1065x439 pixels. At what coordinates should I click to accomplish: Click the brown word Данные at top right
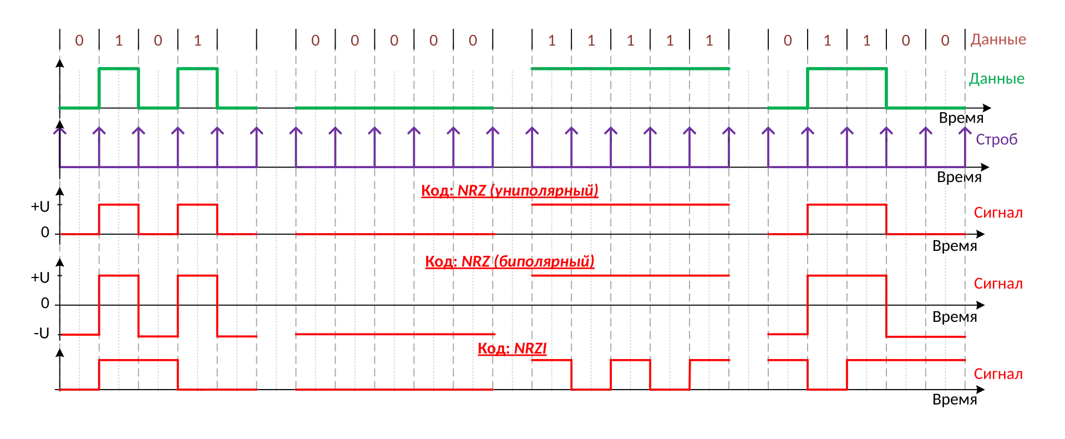[998, 41]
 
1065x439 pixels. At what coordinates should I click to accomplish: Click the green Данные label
[997, 79]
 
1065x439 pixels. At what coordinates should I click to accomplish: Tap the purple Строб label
[997, 140]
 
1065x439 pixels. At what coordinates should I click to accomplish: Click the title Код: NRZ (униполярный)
[509, 191]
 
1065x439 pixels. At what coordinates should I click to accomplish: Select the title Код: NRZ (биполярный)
[509, 261]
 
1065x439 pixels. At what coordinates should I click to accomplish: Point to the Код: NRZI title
[512, 349]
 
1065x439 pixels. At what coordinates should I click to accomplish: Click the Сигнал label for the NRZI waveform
[998, 374]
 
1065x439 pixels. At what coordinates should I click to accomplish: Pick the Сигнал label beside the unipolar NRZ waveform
[998, 213]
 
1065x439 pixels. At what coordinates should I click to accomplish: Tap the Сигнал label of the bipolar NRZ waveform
[998, 284]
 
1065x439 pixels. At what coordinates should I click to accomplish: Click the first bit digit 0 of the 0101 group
[79, 41]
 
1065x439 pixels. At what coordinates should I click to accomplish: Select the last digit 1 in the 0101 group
[197, 41]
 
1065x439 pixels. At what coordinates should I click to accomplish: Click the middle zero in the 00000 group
[394, 41]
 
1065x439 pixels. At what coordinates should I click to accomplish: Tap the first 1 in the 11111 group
[551, 41]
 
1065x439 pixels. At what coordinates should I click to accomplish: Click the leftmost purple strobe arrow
[59, 133]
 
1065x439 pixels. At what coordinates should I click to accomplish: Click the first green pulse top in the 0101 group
[118, 69]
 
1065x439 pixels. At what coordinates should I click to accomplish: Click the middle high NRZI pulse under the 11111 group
[630, 360]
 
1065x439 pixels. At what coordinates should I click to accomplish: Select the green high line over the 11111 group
[630, 69]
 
